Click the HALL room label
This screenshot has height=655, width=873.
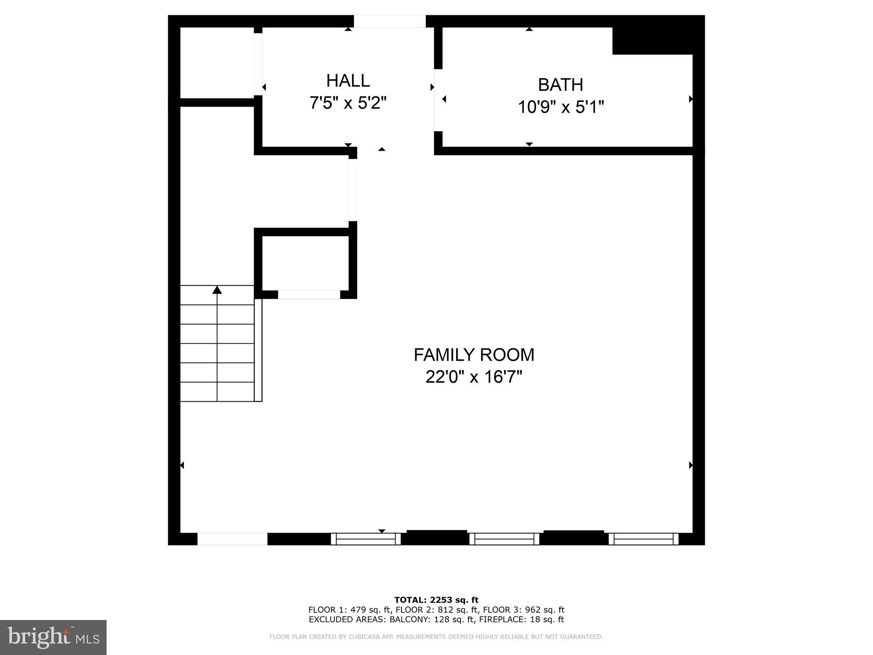click(348, 81)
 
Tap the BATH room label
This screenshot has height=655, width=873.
click(560, 85)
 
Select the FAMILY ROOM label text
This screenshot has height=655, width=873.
click(474, 355)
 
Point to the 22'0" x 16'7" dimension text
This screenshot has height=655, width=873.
click(474, 377)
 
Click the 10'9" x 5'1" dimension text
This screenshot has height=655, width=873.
click(561, 107)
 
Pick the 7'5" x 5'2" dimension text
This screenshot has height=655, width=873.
click(348, 103)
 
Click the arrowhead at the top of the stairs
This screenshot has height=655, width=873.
click(217, 290)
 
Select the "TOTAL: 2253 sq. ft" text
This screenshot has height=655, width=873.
click(436, 600)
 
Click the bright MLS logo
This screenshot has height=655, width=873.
click(53, 638)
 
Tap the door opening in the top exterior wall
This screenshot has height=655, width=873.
click(390, 21)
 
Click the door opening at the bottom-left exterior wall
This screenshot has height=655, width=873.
click(232, 539)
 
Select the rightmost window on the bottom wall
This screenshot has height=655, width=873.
click(643, 539)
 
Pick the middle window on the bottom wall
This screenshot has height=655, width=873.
click(504, 539)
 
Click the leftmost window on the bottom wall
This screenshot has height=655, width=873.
click(366, 539)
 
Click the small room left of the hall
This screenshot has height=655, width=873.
click(217, 63)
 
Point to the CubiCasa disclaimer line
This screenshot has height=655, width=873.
click(436, 637)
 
